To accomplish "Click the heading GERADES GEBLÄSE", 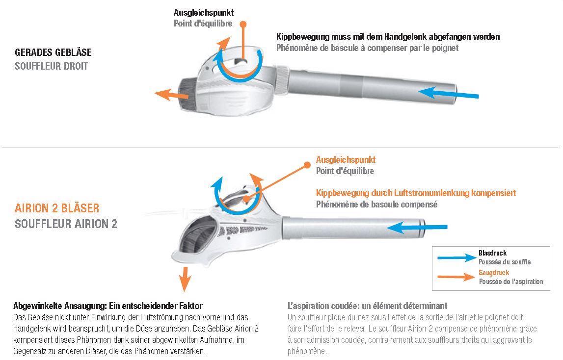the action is point(53,52).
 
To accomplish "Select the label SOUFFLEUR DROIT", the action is point(52,66).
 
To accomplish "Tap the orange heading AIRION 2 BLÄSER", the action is point(57,208).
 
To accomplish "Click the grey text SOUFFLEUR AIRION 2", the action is point(66,224).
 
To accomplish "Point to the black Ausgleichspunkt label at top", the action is point(204,13).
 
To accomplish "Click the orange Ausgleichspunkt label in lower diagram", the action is point(346,160).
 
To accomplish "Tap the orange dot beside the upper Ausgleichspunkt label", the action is point(243,24).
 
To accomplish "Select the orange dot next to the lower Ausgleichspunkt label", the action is point(307,165).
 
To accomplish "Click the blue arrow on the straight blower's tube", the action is point(449,93).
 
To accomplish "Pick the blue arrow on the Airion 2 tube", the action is point(417,227).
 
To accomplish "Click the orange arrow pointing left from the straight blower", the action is point(171,94).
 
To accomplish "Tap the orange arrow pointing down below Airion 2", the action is point(185,279).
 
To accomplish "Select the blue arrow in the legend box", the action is point(456,257).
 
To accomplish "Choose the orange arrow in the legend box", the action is point(456,277).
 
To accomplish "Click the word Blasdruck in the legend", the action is point(493,253).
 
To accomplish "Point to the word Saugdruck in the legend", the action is point(494,273).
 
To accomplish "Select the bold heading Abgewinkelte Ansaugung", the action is point(60,306).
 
